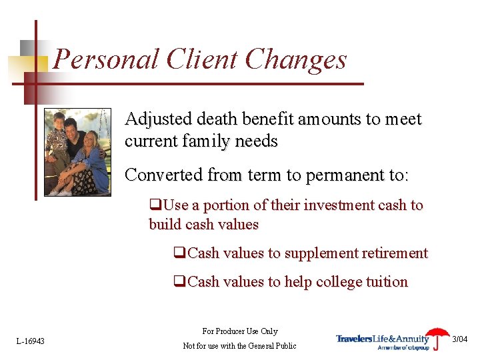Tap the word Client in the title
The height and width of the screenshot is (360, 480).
[x=203, y=59]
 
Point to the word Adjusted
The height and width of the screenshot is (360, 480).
[x=155, y=120]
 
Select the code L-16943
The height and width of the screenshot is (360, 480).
[x=31, y=341]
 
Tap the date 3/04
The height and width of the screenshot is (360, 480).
[x=460, y=339]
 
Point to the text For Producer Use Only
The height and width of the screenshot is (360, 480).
[x=240, y=331]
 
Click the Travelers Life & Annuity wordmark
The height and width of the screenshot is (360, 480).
[x=383, y=339]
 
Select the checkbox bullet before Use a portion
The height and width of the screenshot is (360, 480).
[x=155, y=205]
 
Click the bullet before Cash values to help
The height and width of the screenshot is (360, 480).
[x=179, y=282]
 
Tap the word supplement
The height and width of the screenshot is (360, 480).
[x=317, y=253]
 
